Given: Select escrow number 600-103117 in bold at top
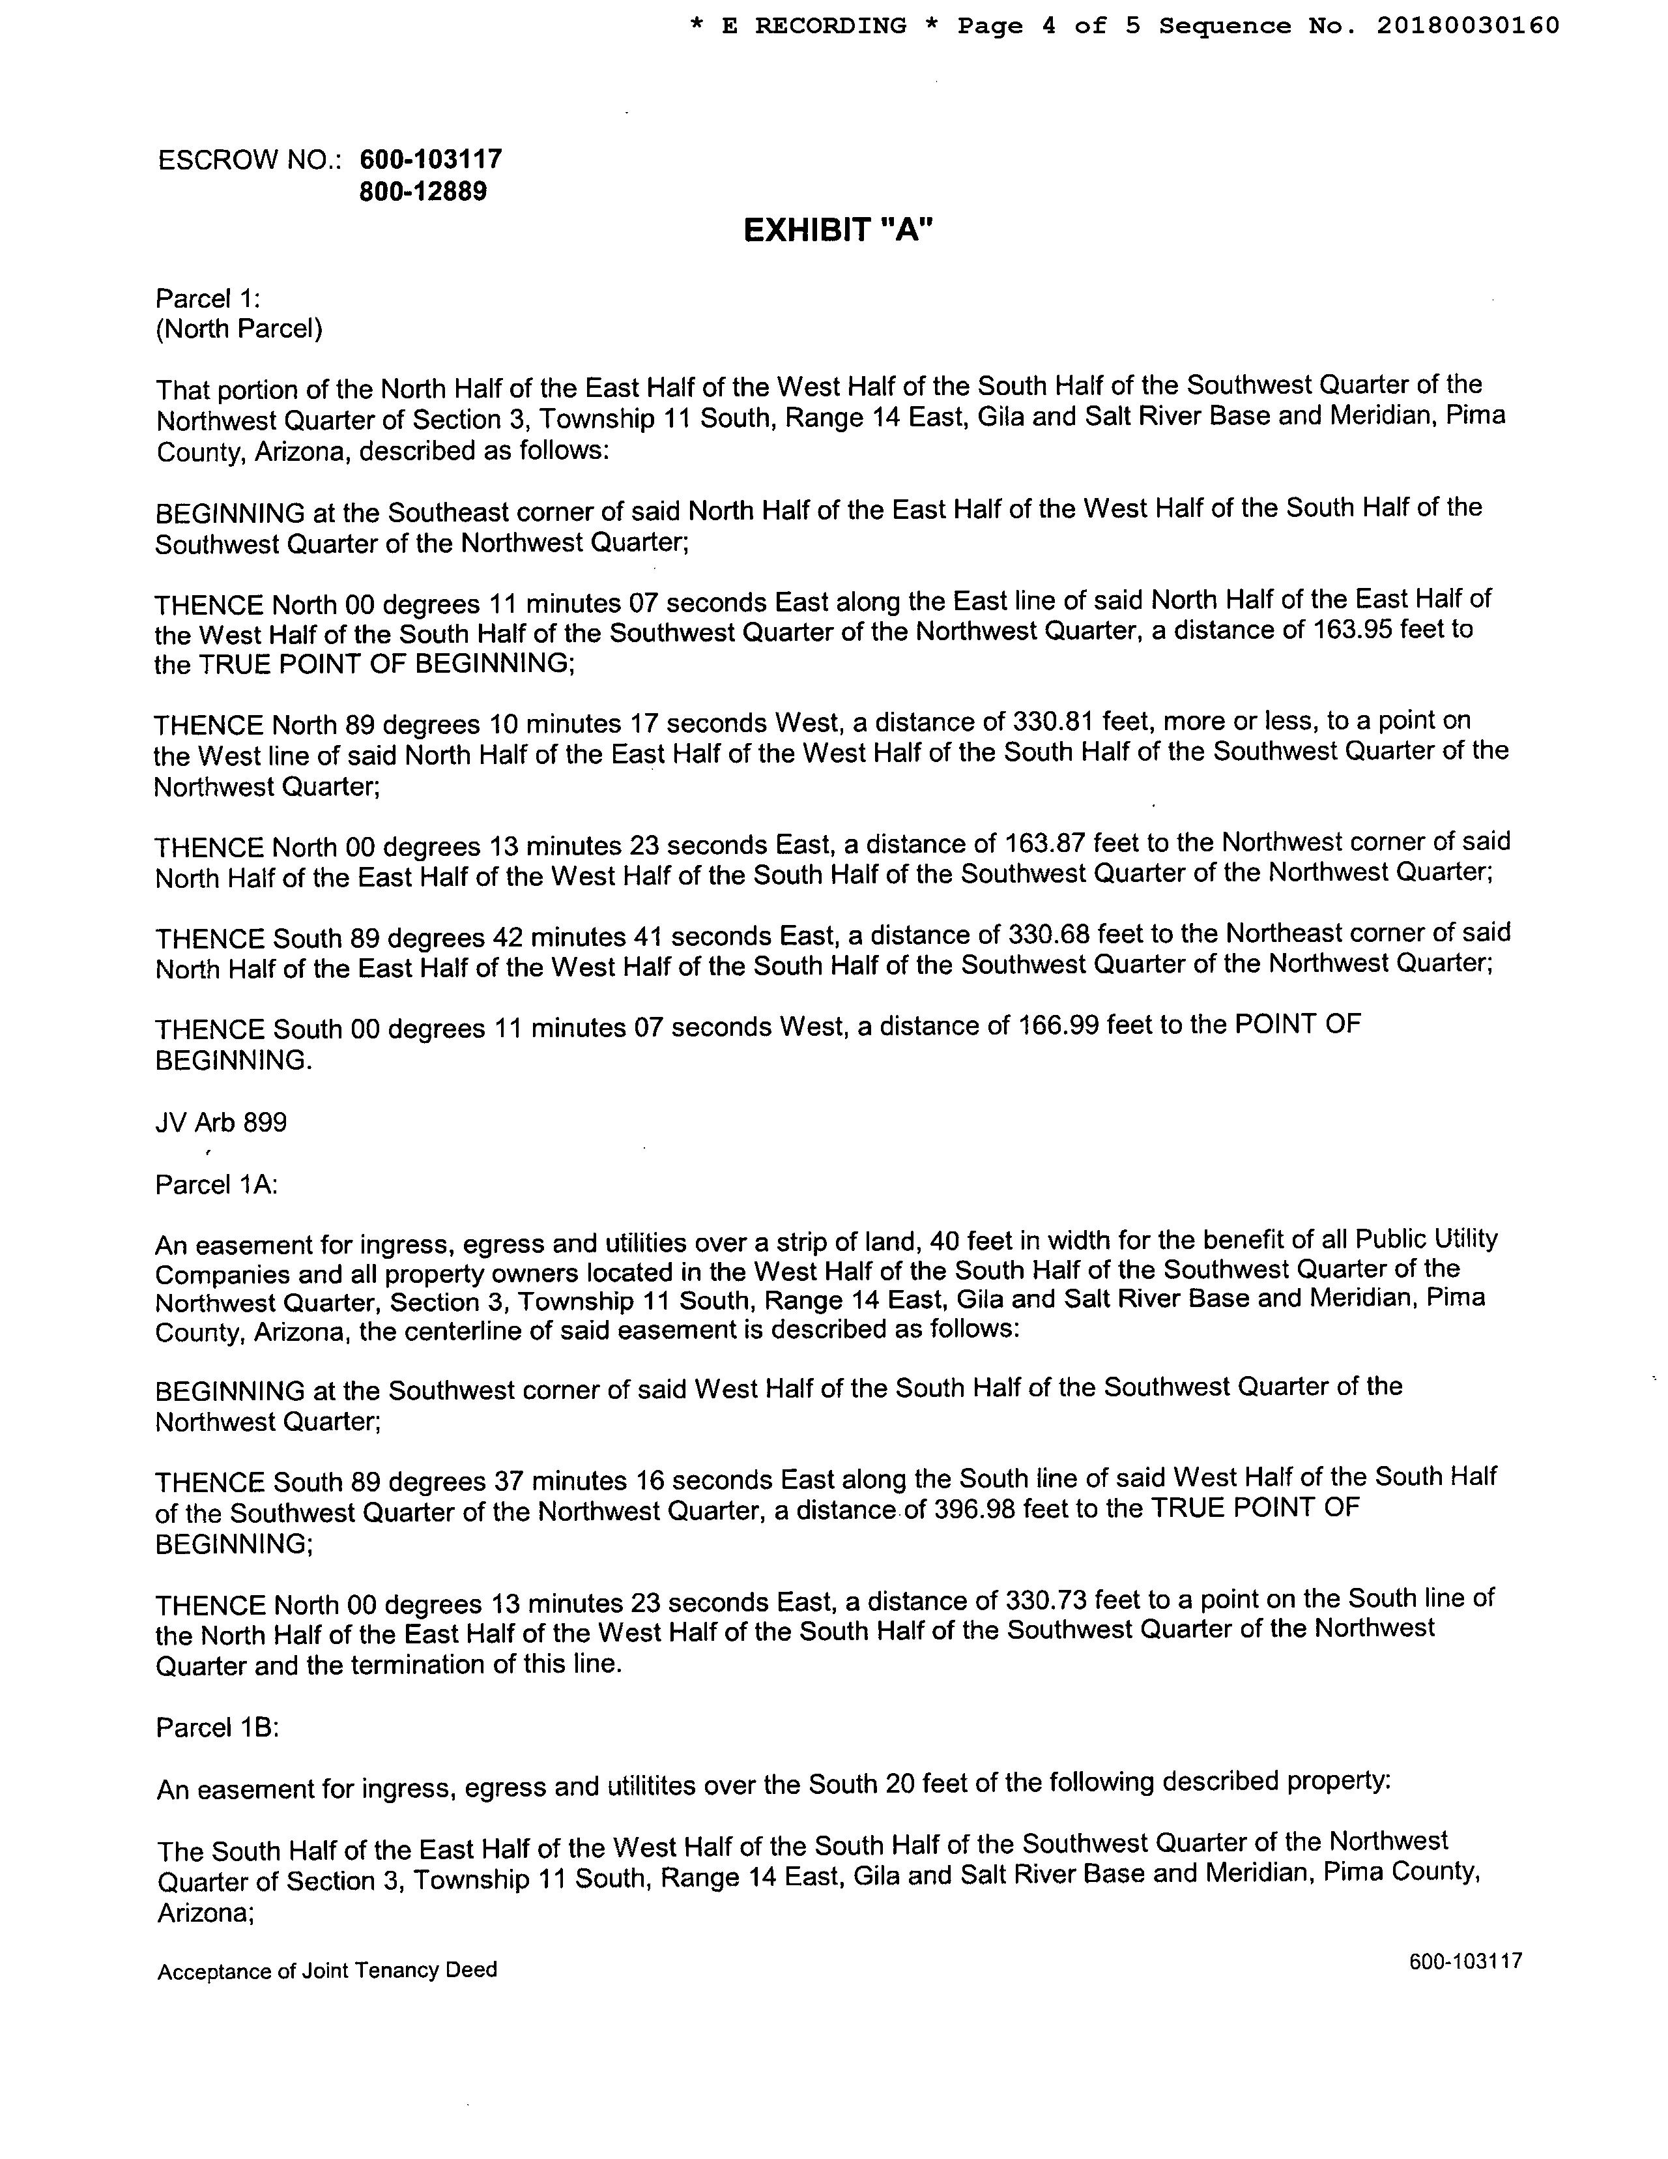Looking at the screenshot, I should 431,158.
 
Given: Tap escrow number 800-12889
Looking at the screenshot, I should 423,191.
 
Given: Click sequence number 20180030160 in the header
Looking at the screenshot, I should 1467,25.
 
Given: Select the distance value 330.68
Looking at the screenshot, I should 1048,934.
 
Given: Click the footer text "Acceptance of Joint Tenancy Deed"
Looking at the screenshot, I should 327,1970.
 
